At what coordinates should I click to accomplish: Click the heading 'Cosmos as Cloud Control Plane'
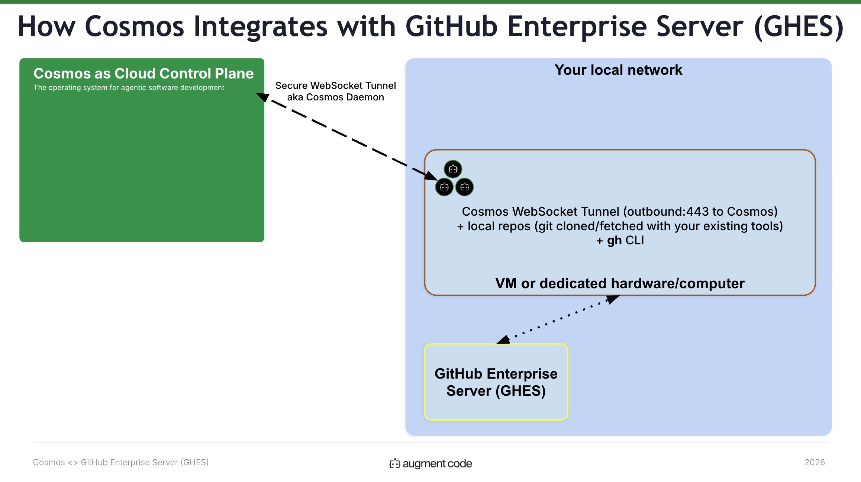pyautogui.click(x=143, y=73)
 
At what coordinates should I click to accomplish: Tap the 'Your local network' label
pyautogui.click(x=618, y=70)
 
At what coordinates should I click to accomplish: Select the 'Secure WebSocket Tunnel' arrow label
pyautogui.click(x=335, y=86)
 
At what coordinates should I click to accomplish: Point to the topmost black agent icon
pyautogui.click(x=453, y=169)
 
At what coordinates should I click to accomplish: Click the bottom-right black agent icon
pyautogui.click(x=464, y=187)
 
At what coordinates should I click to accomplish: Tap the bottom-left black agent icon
pyautogui.click(x=444, y=187)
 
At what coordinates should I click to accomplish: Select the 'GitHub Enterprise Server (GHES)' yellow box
pyautogui.click(x=496, y=382)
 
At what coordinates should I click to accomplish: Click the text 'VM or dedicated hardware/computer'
pyautogui.click(x=620, y=283)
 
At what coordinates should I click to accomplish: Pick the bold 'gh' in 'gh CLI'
pyautogui.click(x=615, y=241)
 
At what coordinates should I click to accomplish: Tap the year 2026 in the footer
pyautogui.click(x=815, y=462)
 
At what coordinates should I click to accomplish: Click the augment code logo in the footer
pyautogui.click(x=430, y=463)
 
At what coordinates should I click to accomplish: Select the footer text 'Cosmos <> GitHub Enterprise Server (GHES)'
pyautogui.click(x=121, y=462)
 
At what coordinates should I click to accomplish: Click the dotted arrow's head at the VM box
pyautogui.click(x=612, y=299)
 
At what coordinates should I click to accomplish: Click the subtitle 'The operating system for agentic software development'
pyautogui.click(x=129, y=88)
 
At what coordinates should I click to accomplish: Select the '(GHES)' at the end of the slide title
pyautogui.click(x=799, y=27)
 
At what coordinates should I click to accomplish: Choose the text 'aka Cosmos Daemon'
pyautogui.click(x=335, y=97)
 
